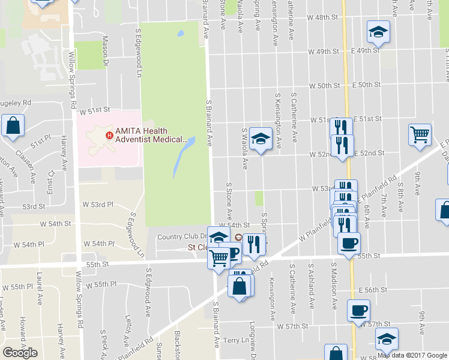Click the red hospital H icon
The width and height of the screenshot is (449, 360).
coord(109,135)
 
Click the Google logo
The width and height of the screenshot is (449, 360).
coord(20,352)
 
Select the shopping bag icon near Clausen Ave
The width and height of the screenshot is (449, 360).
coord(12,126)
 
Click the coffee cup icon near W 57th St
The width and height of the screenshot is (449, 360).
coord(359,310)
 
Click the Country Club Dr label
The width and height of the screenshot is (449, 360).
coord(182,237)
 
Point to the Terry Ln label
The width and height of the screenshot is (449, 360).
coord(235,340)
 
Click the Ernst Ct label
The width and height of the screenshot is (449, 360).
coord(51,174)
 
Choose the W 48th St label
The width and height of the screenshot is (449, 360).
coord(324,18)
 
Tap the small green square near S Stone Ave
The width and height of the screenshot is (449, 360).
coord(259,198)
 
